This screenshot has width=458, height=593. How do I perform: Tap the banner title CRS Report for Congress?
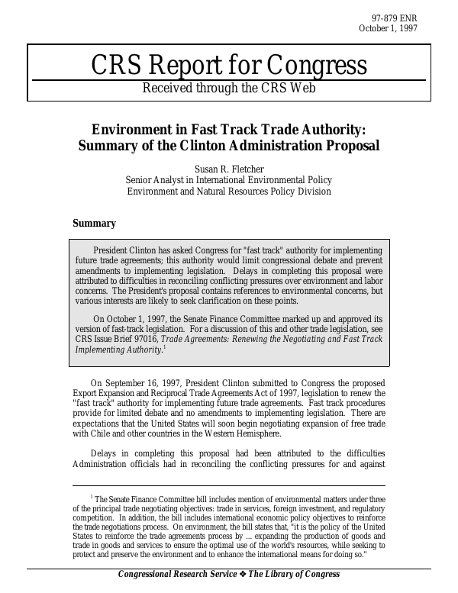point(229,66)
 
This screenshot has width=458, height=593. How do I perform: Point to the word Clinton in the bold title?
point(218,145)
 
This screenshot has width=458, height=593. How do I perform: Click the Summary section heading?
point(94,224)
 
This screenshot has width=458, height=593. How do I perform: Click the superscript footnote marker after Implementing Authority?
point(164,347)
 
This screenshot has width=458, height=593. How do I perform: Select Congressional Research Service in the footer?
point(175,575)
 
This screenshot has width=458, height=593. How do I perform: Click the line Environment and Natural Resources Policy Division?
point(229,192)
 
